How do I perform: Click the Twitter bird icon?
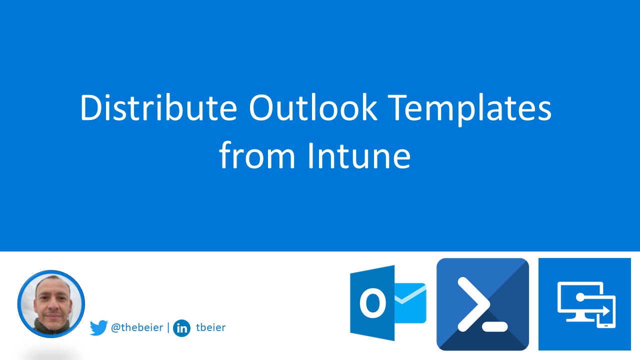(x=98, y=328)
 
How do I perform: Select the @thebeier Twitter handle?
(x=136, y=328)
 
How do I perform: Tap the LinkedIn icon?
(x=181, y=328)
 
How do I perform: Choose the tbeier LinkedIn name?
(x=211, y=328)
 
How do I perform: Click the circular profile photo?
(x=51, y=303)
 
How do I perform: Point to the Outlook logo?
(x=388, y=303)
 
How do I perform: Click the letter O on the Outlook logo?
(x=372, y=303)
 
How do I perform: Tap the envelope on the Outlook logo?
(x=410, y=303)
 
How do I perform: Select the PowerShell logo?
(x=482, y=304)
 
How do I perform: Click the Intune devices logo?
(x=584, y=304)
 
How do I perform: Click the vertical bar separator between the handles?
(x=168, y=328)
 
